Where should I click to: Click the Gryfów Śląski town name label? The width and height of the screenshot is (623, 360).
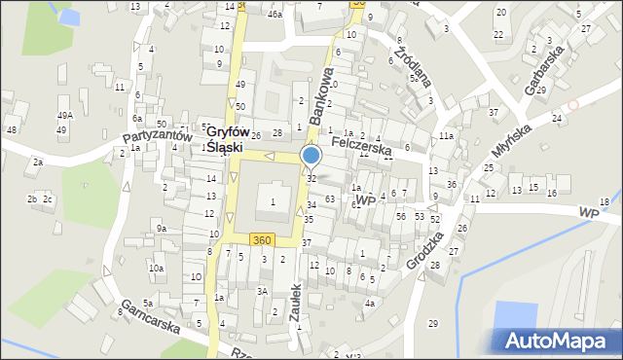point(225,139)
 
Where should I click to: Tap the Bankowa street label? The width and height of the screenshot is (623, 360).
point(321,94)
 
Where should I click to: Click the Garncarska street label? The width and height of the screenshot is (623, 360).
point(150,316)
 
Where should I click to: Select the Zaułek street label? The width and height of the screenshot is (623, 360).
point(297,304)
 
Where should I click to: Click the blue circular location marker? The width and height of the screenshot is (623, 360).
point(311,156)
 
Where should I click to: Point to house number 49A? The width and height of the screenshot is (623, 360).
point(64,116)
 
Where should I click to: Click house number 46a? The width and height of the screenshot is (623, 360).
point(275,15)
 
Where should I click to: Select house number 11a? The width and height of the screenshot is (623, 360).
point(446,136)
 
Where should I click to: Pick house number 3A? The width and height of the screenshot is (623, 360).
point(262,290)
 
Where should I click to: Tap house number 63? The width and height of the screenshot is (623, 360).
point(330,199)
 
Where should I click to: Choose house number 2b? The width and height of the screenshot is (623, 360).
point(32,199)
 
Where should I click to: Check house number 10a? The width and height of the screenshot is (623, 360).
point(156,268)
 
